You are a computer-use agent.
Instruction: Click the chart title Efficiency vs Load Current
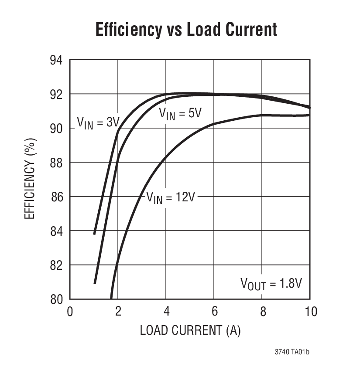[x=186, y=30]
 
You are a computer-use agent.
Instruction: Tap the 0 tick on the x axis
[x=70, y=312]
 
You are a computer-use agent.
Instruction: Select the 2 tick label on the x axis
[x=118, y=312]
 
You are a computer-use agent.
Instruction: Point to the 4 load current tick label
[x=166, y=312]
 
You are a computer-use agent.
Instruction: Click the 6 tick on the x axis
[x=214, y=312]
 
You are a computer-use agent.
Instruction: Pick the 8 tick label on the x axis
[x=262, y=312]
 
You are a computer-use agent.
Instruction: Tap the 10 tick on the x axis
[x=309, y=312]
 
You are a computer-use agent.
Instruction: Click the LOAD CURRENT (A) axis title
[x=190, y=330]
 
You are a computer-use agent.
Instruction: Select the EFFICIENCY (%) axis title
[x=30, y=179]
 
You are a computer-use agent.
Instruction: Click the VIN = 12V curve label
[x=170, y=197]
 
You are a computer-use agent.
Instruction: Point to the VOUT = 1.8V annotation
[x=271, y=283]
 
